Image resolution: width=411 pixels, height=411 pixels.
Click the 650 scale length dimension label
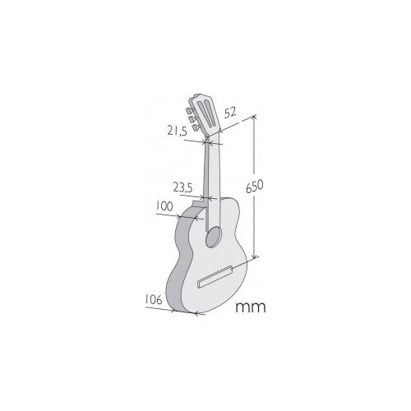coord(255,187)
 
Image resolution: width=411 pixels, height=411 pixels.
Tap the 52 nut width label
coord(230,113)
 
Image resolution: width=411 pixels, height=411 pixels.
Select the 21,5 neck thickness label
coord(178,132)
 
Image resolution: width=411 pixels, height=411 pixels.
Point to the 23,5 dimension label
coord(183,187)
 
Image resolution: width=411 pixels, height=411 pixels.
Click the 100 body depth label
coord(164,206)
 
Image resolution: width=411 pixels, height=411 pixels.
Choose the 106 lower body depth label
coord(154,299)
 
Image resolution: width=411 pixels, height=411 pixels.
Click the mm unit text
coord(251,307)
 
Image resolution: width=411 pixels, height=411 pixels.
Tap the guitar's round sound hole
coord(214,238)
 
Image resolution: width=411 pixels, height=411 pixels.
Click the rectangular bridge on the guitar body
coord(216,277)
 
